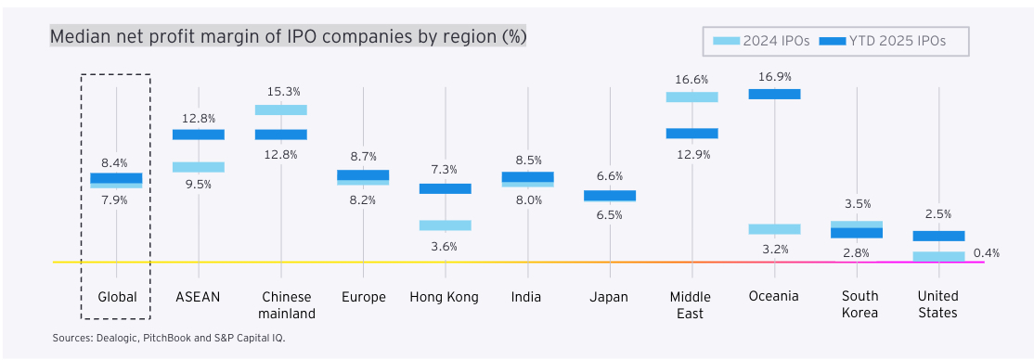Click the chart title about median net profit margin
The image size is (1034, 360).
pyautogui.click(x=288, y=37)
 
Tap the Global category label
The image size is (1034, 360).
pyautogui.click(x=117, y=297)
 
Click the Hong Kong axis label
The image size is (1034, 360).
pyautogui.click(x=445, y=297)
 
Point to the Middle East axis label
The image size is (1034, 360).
pyautogui.click(x=691, y=305)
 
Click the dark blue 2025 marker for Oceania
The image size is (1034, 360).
pyautogui.click(x=774, y=94)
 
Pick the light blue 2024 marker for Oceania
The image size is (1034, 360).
pyautogui.click(x=774, y=229)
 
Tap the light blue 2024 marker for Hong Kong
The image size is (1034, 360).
pyautogui.click(x=445, y=225)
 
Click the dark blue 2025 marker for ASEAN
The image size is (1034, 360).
pyautogui.click(x=199, y=135)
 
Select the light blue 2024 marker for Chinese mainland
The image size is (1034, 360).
pyautogui.click(x=281, y=109)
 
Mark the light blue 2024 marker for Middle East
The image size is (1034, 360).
pyautogui.click(x=691, y=96)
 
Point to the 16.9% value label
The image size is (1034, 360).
pyautogui.click(x=774, y=77)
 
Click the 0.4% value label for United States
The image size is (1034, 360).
pyautogui.click(x=986, y=252)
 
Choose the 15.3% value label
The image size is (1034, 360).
pyautogui.click(x=281, y=92)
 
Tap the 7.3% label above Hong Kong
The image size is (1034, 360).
pyautogui.click(x=445, y=170)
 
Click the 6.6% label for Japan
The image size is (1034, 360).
pyautogui.click(x=609, y=176)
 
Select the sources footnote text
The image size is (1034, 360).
pyautogui.click(x=169, y=338)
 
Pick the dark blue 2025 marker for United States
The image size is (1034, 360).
pyautogui.click(x=938, y=236)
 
